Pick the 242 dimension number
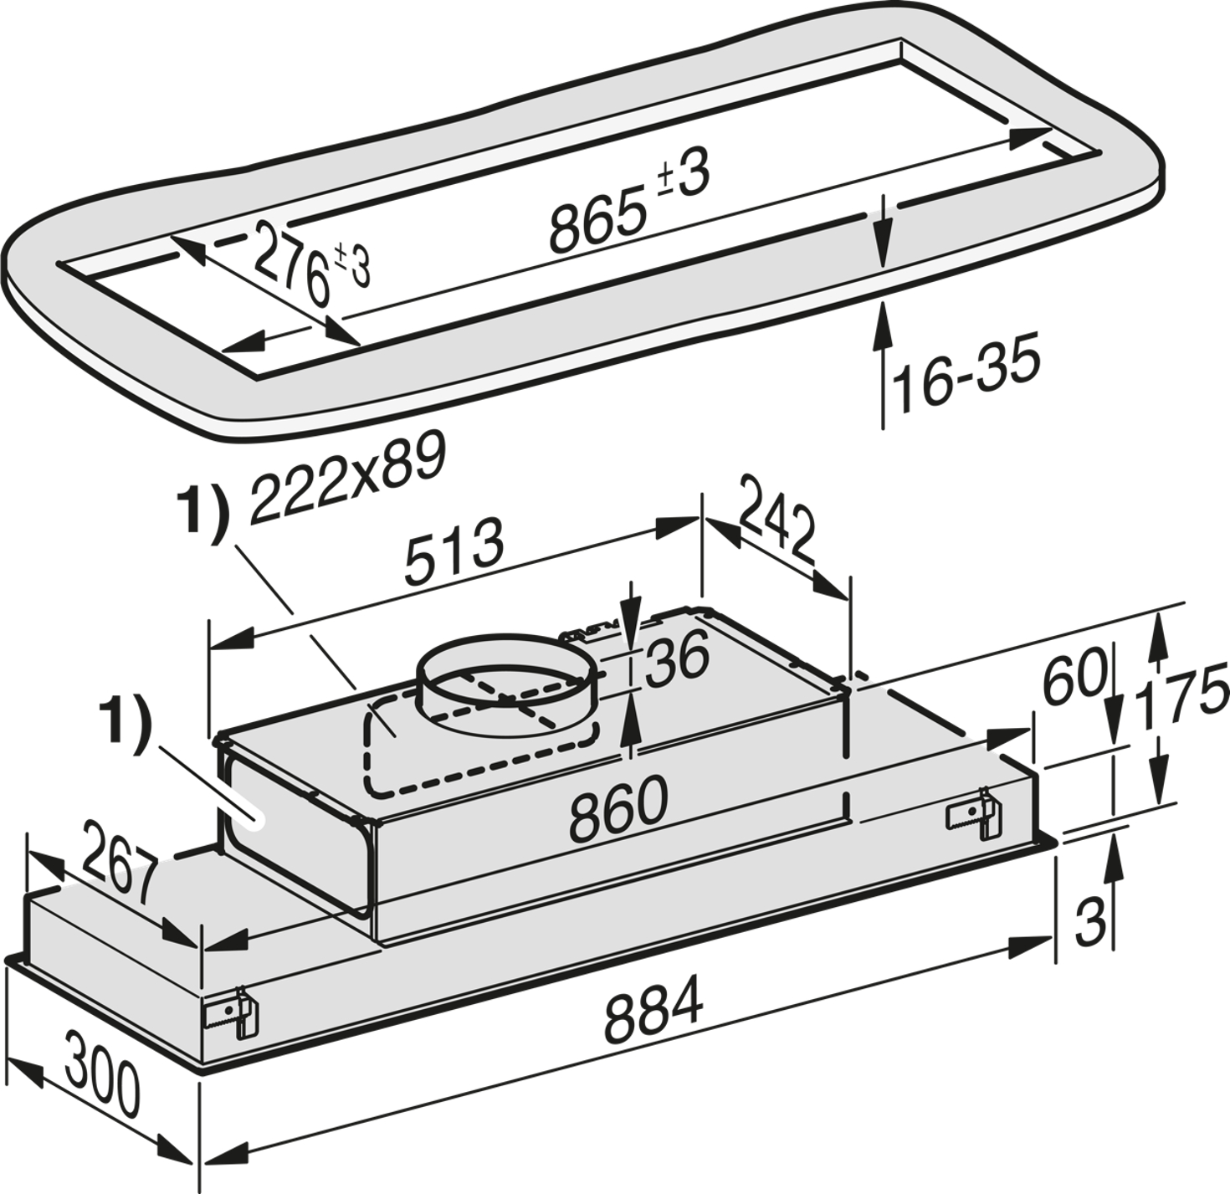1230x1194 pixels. (x=776, y=519)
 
